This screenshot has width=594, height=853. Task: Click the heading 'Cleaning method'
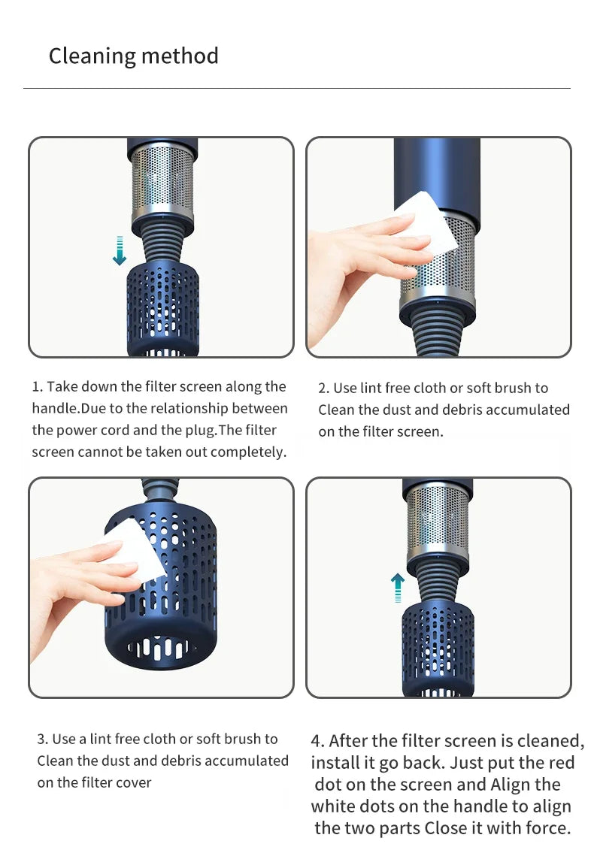(x=133, y=56)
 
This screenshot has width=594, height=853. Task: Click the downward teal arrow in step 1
(x=119, y=250)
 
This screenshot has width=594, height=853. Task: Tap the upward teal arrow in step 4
(x=398, y=588)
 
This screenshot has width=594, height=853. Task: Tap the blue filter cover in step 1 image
(x=162, y=308)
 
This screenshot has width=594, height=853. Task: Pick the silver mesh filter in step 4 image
(x=438, y=519)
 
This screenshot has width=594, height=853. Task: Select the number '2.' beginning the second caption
(x=324, y=389)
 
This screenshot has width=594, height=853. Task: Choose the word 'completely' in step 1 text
(x=247, y=452)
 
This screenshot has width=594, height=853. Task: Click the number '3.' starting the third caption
(x=43, y=740)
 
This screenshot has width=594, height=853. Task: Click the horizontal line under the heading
(x=296, y=89)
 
